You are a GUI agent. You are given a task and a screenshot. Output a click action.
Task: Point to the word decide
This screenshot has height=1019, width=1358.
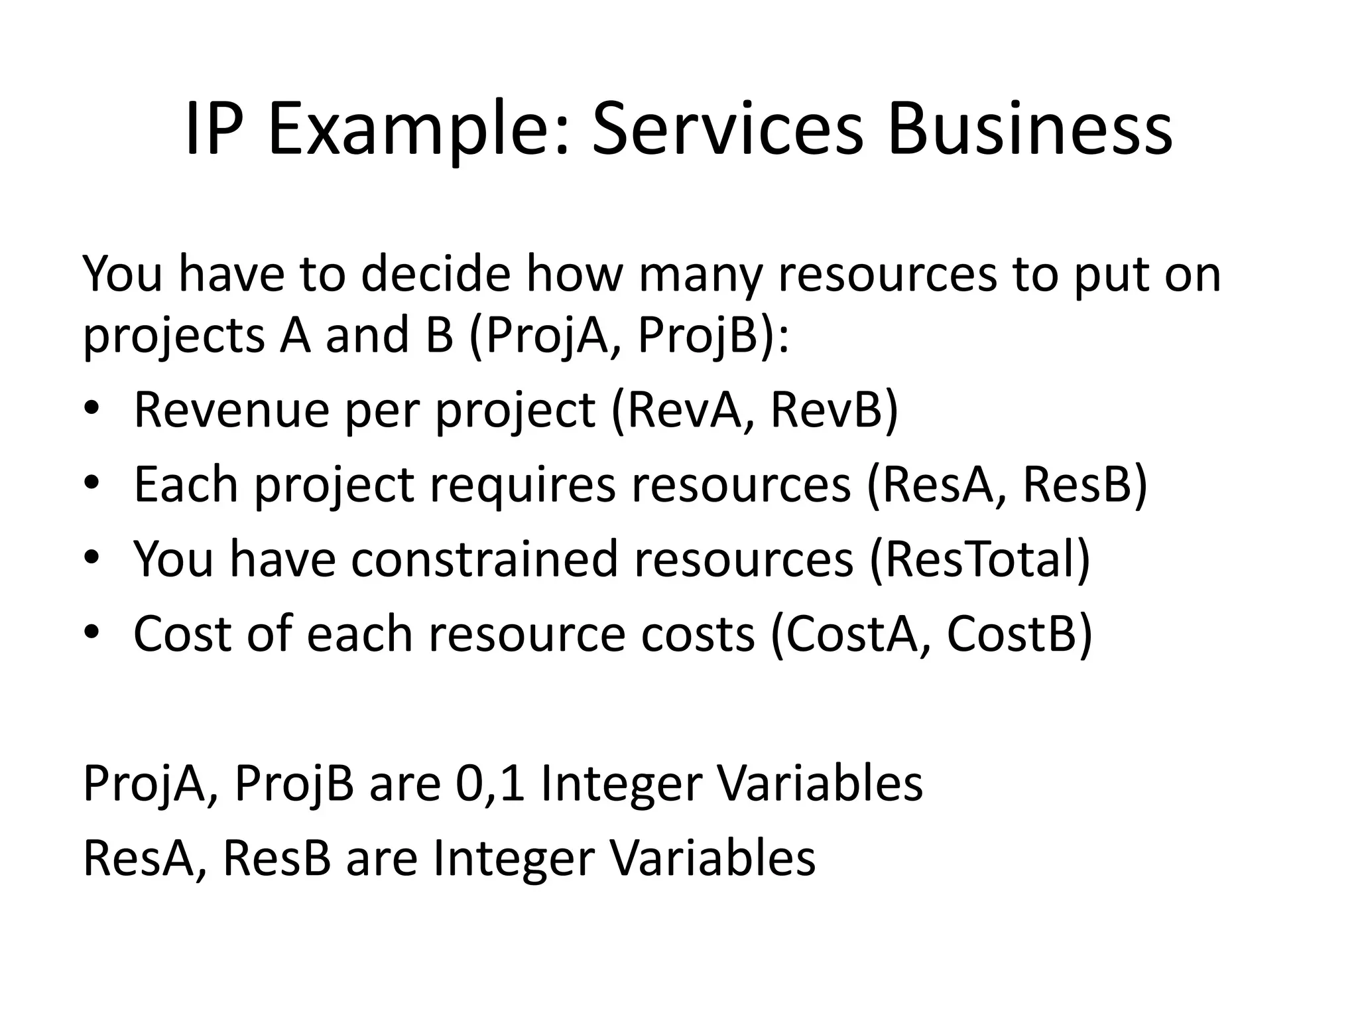click(436, 273)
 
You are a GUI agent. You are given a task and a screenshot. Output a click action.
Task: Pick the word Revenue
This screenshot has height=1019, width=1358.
click(231, 409)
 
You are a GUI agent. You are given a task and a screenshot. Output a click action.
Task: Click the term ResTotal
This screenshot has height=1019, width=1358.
click(980, 559)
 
